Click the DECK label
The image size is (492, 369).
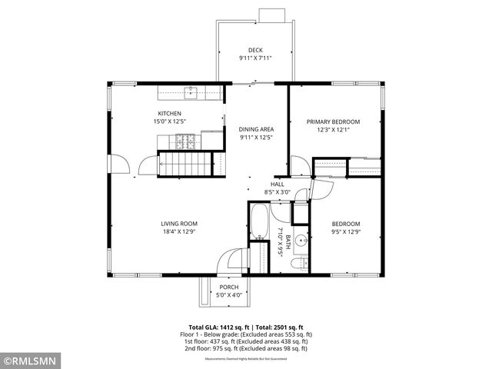pos(255,50)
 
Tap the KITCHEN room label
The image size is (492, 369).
pos(170,113)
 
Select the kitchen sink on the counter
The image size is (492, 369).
pos(191,93)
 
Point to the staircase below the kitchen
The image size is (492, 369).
pos(184,164)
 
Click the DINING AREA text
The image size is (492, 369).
pos(256,129)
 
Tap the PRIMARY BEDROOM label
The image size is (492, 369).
pos(333,121)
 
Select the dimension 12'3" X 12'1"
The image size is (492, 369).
pos(333,129)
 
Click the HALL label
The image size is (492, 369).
pos(278,184)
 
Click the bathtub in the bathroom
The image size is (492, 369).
pos(259,223)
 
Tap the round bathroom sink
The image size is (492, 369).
pos(301,239)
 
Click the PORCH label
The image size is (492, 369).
pos(228,287)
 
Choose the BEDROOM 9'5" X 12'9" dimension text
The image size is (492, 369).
pos(345,231)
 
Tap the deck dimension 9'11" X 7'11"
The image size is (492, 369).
pos(255,58)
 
